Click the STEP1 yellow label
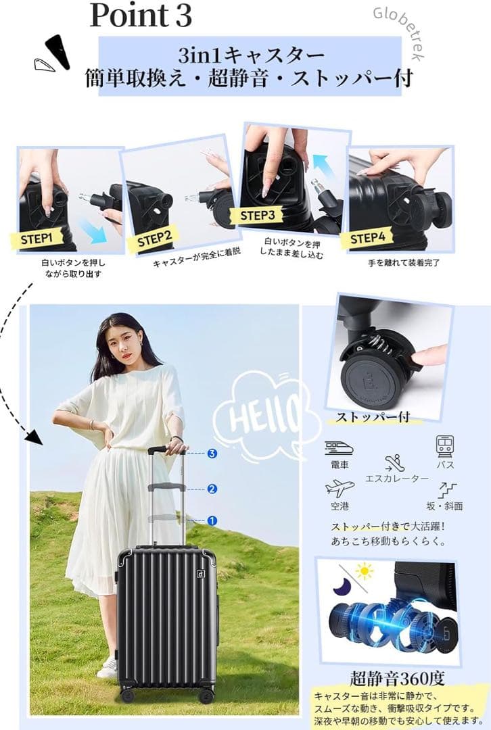point(36,239)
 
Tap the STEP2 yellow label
point(155,239)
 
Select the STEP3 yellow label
point(258,216)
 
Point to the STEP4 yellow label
point(367,239)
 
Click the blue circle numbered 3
point(212,453)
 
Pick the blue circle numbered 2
point(212,489)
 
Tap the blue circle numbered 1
point(212,520)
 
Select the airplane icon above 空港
point(340,489)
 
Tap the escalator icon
point(394,462)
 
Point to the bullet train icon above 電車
point(339,449)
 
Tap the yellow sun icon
point(365,570)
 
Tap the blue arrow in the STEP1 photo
point(93,231)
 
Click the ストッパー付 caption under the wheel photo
point(373,416)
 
